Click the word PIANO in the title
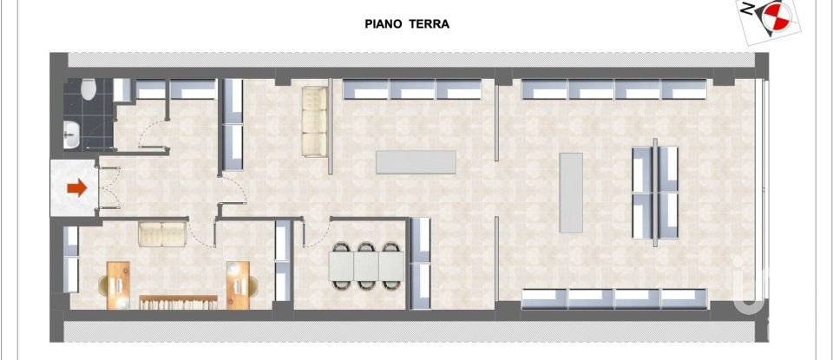[383, 24]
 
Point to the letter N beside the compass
[746, 10]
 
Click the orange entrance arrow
[77, 187]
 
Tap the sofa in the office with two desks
[162, 232]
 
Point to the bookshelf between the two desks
[178, 301]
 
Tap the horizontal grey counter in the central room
[416, 162]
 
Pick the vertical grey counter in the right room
[570, 192]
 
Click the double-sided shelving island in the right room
[655, 192]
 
